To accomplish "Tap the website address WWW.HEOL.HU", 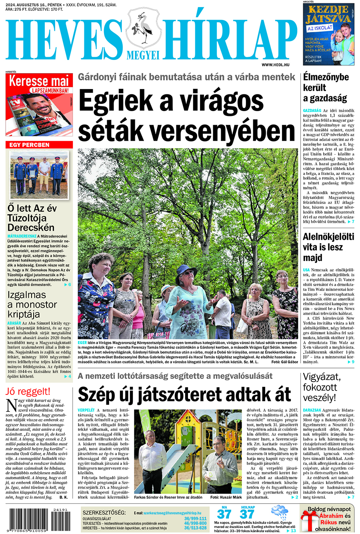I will [276, 64].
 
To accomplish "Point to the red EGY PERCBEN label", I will [30, 145].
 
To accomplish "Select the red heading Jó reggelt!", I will [28, 391].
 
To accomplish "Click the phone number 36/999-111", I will [196, 518].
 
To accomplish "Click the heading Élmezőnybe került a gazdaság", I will [326, 88].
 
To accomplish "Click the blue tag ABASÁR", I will [14, 323].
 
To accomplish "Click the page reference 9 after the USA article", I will [353, 362].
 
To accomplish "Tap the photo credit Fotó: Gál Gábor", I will [284, 362].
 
